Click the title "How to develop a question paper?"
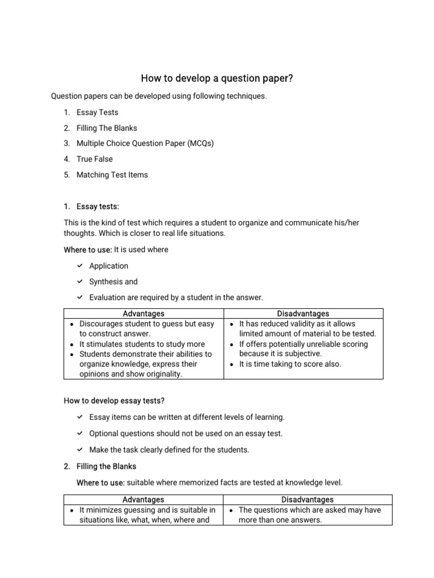[x=217, y=78]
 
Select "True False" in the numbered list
[x=94, y=159]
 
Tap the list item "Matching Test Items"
[x=112, y=174]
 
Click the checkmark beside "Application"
[x=80, y=266]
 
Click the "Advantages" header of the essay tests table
[x=144, y=313]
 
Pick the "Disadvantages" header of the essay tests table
[x=303, y=313]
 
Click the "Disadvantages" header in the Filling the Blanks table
[x=307, y=500]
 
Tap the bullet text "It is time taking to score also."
[x=290, y=364]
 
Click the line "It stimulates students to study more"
[x=142, y=344]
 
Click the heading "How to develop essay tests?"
[x=115, y=401]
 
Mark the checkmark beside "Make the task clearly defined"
[x=80, y=450]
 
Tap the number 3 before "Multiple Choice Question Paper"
[x=67, y=143]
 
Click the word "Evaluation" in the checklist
[x=109, y=297]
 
